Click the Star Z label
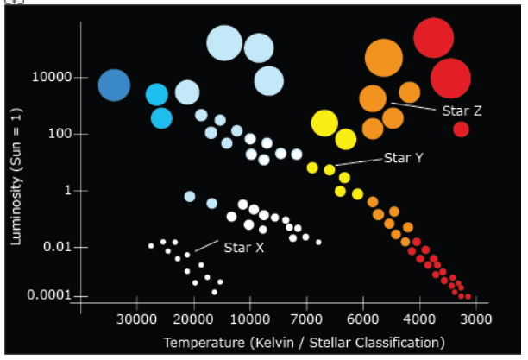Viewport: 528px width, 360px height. click(462, 111)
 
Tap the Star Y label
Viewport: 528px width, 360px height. click(404, 158)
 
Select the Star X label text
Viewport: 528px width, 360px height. click(244, 248)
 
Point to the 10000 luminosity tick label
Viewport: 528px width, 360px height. click(52, 77)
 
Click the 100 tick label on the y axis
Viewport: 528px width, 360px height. click(60, 134)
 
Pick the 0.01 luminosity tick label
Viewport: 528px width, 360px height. click(58, 247)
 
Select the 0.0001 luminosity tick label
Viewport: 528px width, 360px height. click(49, 295)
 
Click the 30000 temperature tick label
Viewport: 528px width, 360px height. click(136, 319)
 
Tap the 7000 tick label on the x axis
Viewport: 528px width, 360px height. click(306, 319)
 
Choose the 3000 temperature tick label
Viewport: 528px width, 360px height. click(476, 319)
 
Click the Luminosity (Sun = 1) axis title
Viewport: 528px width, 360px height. click(16, 176)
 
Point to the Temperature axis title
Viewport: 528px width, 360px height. click(304, 343)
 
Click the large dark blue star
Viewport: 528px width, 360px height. click(114, 85)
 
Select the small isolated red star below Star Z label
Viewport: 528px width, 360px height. click(461, 129)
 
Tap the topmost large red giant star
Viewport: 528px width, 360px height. click(434, 38)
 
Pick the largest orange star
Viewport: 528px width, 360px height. click(384, 58)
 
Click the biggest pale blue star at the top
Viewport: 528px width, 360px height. click(224, 43)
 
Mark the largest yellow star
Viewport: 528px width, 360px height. click(324, 123)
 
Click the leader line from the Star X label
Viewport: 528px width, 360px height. click(206, 246)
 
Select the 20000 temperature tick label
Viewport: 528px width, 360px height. click(193, 319)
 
